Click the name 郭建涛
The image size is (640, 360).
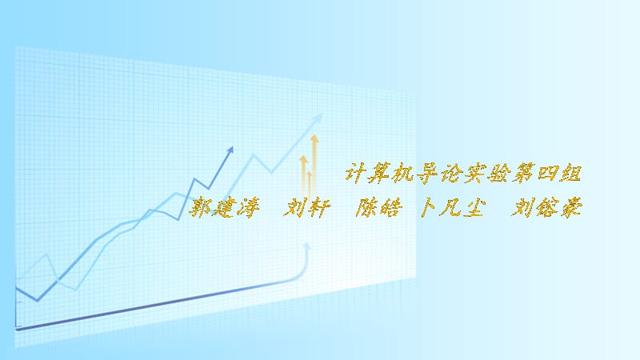pyautogui.click(x=223, y=209)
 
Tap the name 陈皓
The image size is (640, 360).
pyautogui.click(x=378, y=209)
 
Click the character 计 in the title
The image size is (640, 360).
pyautogui.click(x=354, y=171)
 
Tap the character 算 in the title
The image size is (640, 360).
pyautogui.click(x=381, y=171)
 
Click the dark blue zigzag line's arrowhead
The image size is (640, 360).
pyautogui.click(x=230, y=149)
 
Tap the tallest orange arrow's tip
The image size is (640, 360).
pyautogui.click(x=314, y=139)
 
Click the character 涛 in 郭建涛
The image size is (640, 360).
pyautogui.click(x=247, y=209)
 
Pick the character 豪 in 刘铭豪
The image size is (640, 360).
pyautogui.click(x=570, y=209)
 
